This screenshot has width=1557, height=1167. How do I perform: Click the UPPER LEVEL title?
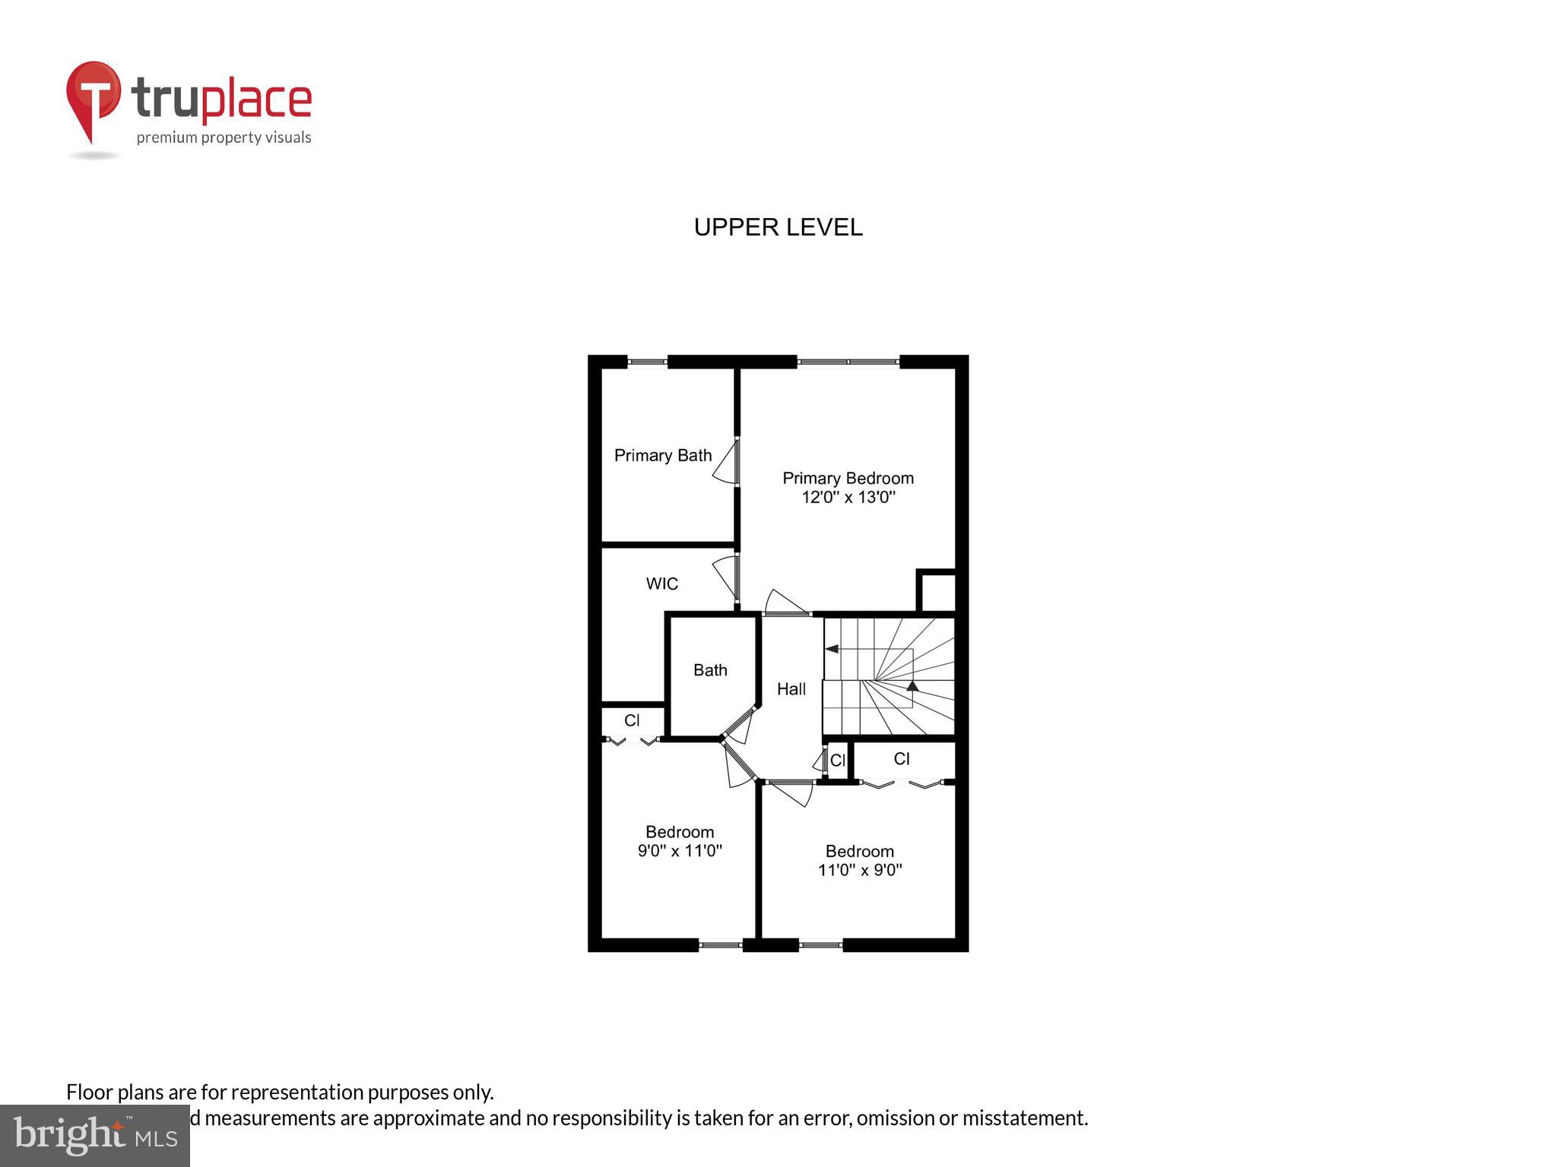(x=778, y=227)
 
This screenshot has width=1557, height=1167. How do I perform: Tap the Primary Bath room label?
(x=663, y=455)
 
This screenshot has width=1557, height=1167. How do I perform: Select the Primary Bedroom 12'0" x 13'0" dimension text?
(x=848, y=498)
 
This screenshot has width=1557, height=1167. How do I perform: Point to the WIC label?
(x=661, y=583)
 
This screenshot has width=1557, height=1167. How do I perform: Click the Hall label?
(x=791, y=689)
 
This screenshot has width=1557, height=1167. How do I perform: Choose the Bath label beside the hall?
(x=710, y=670)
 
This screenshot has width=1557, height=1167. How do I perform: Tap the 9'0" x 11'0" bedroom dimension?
(x=680, y=851)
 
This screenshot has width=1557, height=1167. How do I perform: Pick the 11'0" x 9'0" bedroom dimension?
(x=860, y=870)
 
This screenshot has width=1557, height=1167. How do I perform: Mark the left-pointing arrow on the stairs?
(x=832, y=649)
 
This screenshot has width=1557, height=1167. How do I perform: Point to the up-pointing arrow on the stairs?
(x=912, y=686)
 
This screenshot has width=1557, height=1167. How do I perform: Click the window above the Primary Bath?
(x=647, y=362)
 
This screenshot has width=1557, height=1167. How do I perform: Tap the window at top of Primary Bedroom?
(x=848, y=362)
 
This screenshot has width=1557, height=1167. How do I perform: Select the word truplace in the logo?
(x=221, y=100)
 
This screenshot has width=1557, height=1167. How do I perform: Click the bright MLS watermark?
(x=94, y=1136)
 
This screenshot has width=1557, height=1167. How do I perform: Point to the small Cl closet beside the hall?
(x=837, y=761)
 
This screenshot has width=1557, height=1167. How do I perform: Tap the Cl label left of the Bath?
(x=632, y=720)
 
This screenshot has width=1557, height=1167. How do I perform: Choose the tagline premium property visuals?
(x=224, y=138)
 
